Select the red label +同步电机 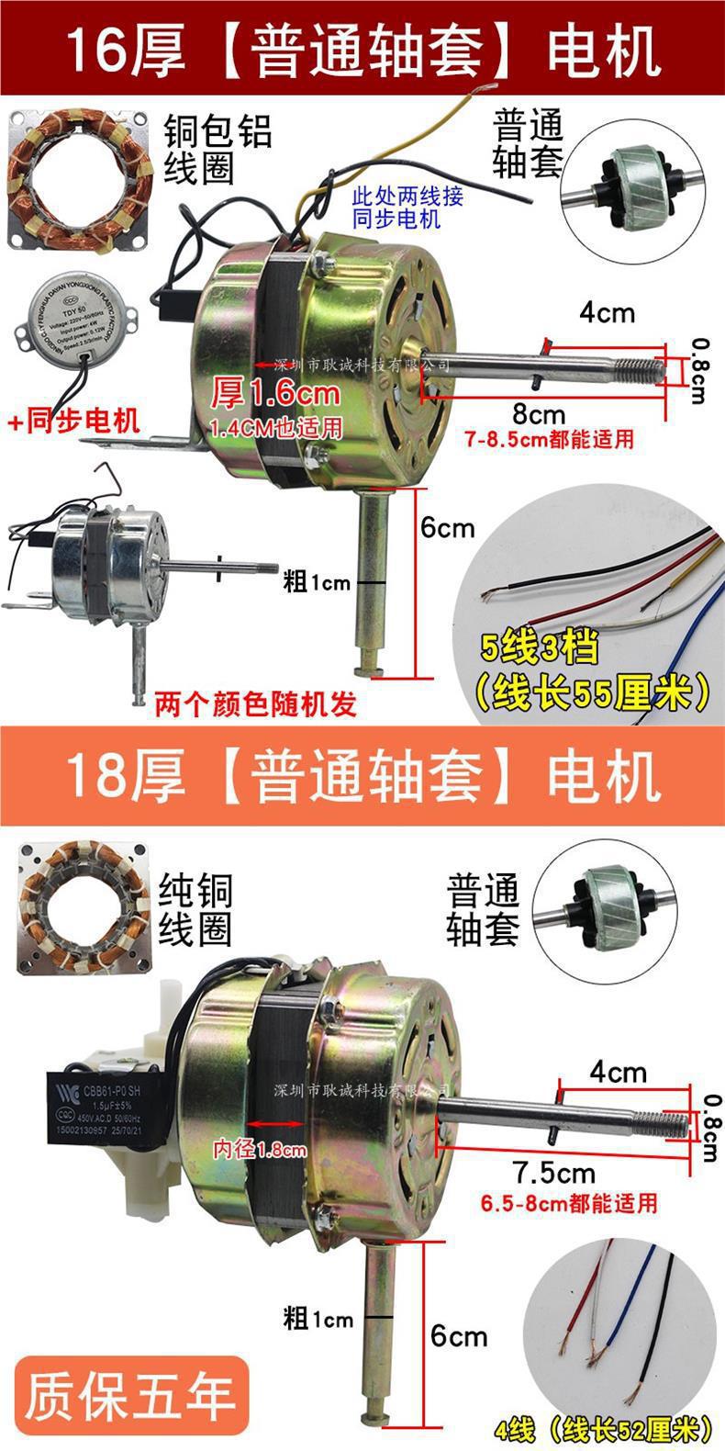point(73,422)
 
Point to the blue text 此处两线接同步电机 point(408,208)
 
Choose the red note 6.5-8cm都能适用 point(569,1202)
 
